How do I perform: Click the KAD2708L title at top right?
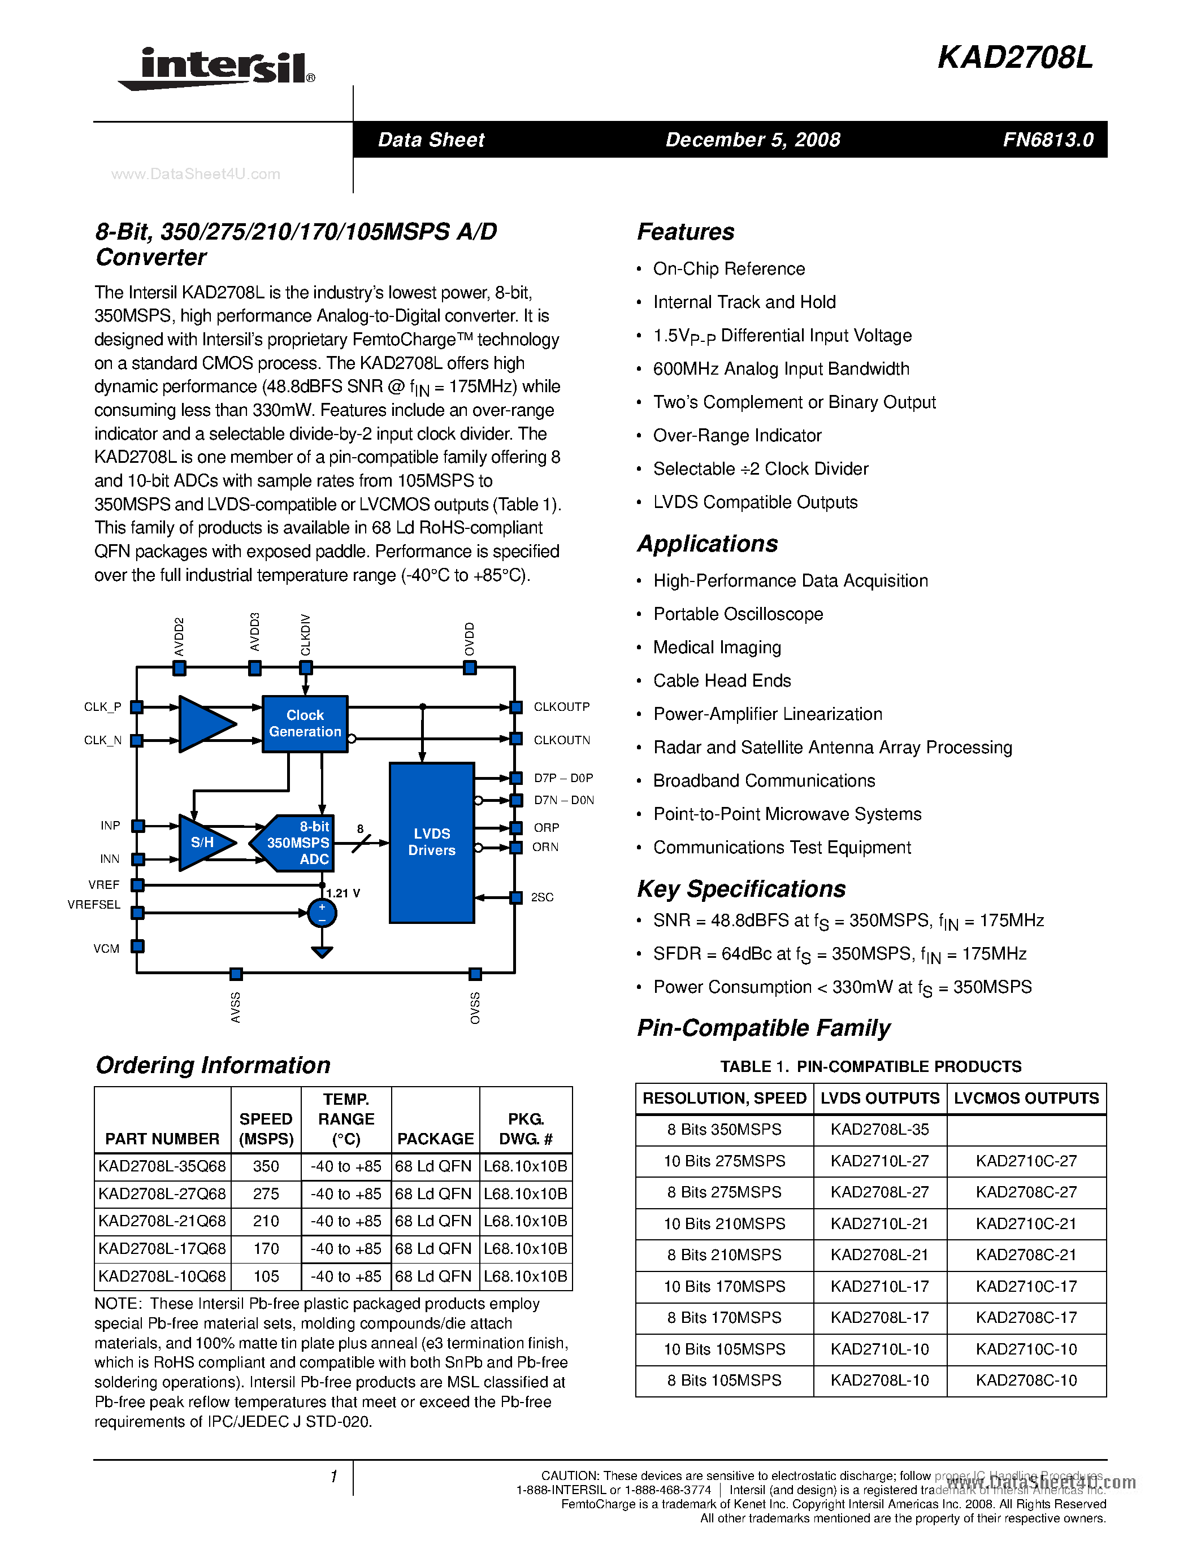tap(1014, 58)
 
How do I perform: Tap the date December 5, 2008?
tap(753, 140)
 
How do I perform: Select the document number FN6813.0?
tap(1047, 140)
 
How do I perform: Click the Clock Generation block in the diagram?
tap(305, 724)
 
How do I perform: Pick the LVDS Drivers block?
tap(431, 842)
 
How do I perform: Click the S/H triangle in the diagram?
tap(203, 843)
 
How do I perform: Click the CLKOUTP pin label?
tap(561, 706)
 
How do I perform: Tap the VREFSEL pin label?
tap(94, 904)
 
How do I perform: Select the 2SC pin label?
tap(541, 897)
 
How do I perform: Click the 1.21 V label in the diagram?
tap(343, 893)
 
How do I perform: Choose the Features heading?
tap(685, 232)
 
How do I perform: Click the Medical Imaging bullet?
tap(717, 648)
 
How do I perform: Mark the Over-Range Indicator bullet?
tap(736, 436)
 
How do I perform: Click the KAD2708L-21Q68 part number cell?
tap(162, 1221)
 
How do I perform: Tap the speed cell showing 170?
tap(266, 1249)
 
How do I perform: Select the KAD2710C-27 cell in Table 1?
tap(1025, 1161)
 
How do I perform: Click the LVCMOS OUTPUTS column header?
tap(1025, 1099)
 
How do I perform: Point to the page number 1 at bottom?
tap(333, 1477)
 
